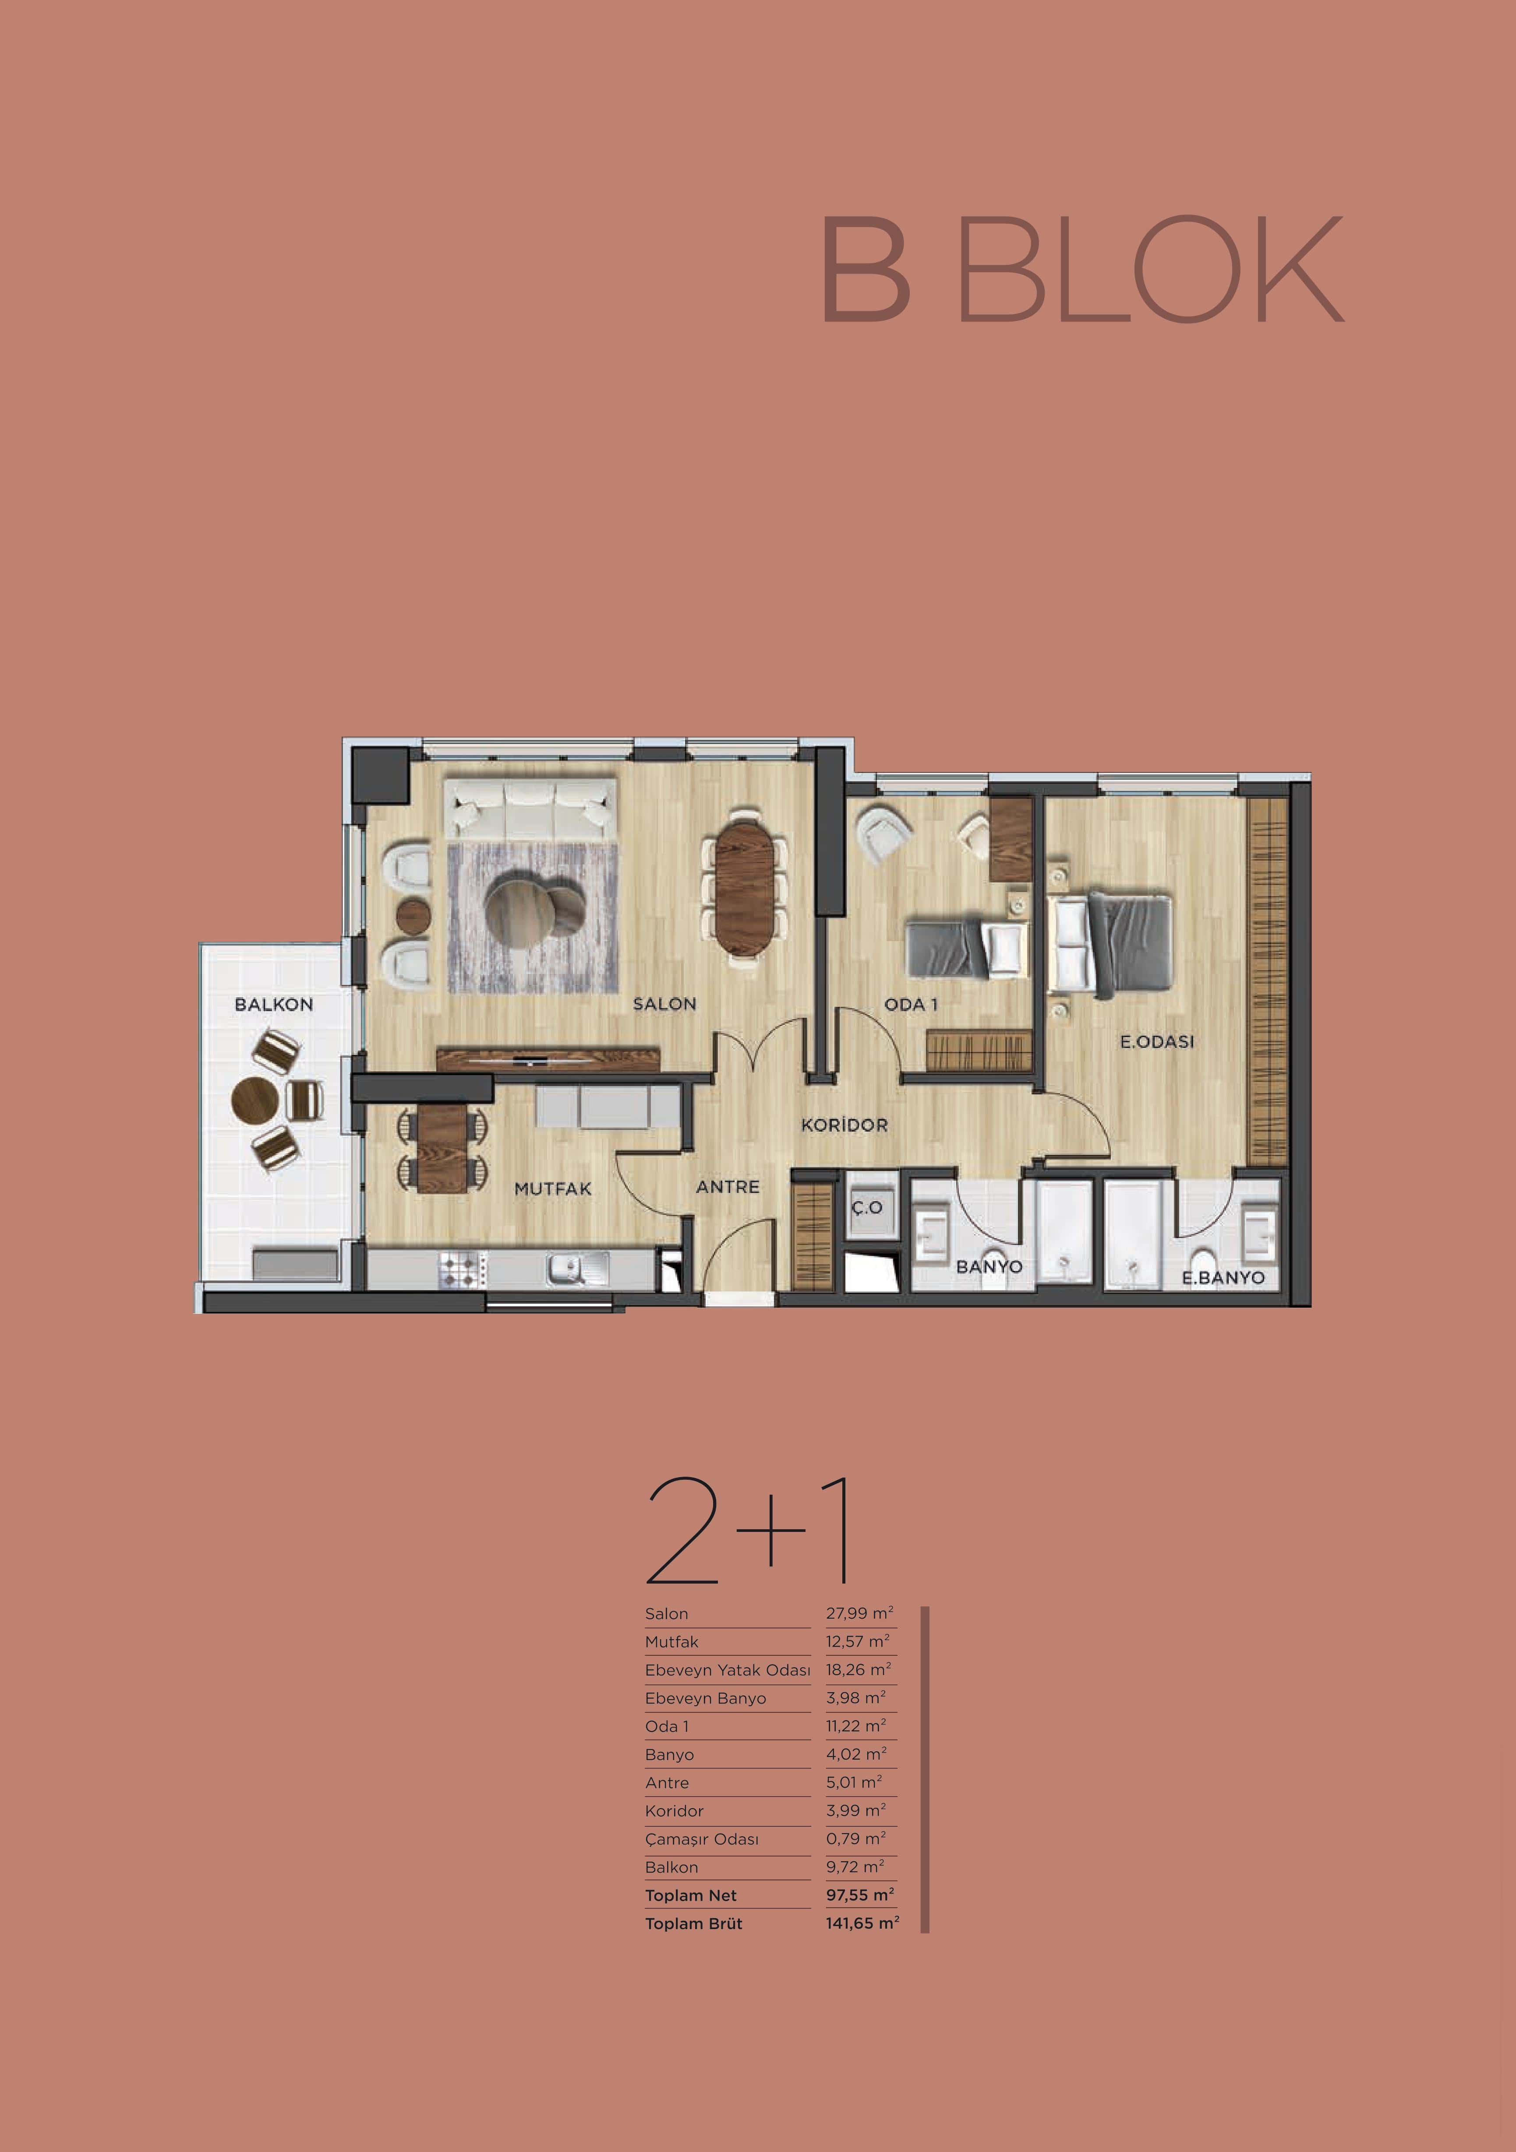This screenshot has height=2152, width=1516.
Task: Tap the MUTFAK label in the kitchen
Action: [x=553, y=1189]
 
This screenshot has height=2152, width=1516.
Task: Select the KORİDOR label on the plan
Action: [x=844, y=1125]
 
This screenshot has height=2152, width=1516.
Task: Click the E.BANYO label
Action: [x=1223, y=1277]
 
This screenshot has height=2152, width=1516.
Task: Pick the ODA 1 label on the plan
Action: [x=910, y=1004]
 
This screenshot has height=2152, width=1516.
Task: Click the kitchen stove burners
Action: [x=462, y=1270]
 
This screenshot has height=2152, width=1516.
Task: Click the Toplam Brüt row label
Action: [x=694, y=1923]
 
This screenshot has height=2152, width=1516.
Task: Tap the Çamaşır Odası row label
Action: [x=701, y=1839]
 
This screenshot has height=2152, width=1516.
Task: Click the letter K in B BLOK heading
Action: [x=1300, y=269]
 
